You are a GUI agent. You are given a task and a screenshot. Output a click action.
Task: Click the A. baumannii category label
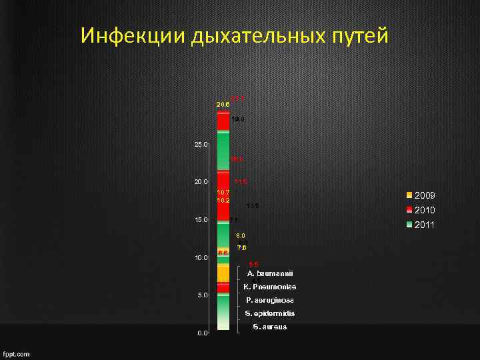(270, 273)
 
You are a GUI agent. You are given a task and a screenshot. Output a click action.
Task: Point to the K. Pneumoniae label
(270, 287)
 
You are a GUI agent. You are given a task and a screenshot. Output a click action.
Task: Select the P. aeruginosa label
(270, 300)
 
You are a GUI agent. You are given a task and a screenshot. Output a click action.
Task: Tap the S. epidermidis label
(270, 313)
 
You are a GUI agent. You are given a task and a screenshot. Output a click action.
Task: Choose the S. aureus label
(270, 327)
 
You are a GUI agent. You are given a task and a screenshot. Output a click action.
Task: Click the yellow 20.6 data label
(223, 105)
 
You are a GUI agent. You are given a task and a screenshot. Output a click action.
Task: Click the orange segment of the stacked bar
(223, 273)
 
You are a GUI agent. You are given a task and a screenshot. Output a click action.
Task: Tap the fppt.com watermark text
(17, 354)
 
